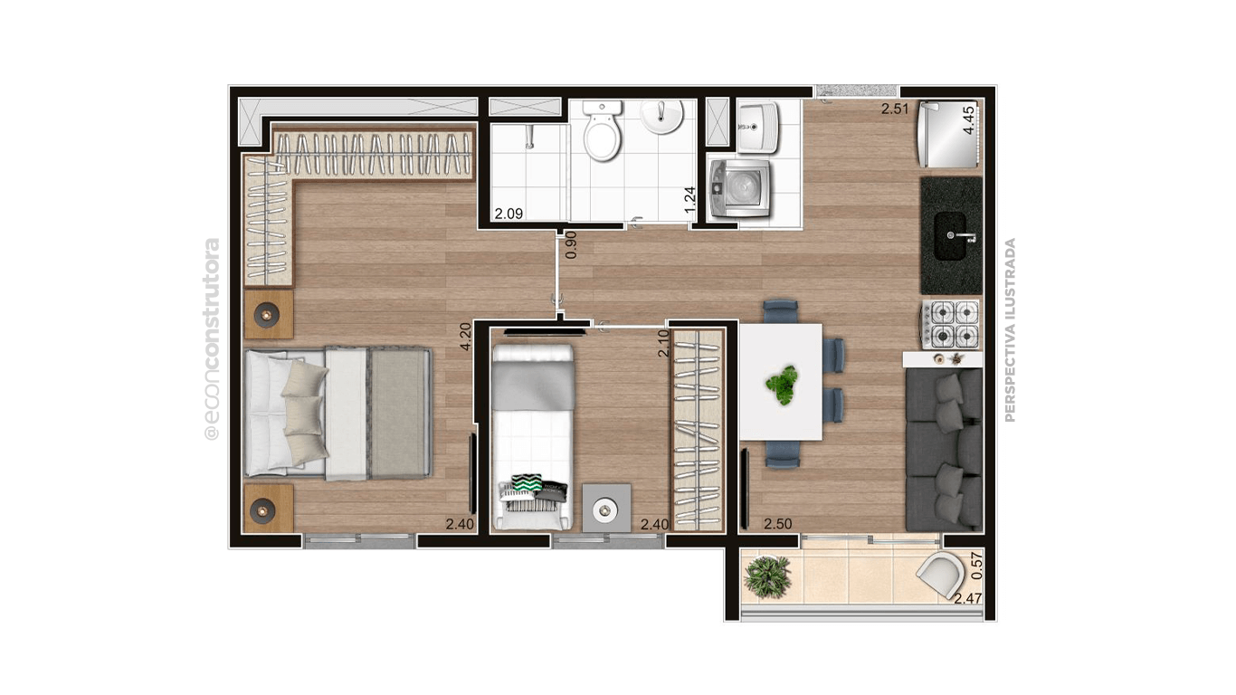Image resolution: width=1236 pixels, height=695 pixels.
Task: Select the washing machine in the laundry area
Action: click(741, 186)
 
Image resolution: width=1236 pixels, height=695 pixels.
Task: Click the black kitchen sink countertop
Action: click(951, 235)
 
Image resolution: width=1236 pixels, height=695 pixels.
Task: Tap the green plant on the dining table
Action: click(781, 384)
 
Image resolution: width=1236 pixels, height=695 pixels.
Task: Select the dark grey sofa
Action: click(945, 449)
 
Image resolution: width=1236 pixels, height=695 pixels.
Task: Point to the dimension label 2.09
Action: click(507, 214)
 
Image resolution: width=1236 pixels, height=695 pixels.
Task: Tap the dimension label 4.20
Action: click(465, 337)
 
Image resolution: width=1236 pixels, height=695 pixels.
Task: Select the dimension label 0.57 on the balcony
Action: click(975, 565)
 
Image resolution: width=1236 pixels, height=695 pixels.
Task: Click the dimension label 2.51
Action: click(895, 110)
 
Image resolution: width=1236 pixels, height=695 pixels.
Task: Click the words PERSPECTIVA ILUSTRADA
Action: click(1010, 329)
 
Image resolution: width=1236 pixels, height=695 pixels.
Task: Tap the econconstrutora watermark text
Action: click(212, 339)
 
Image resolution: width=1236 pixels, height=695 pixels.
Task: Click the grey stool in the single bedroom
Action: click(605, 508)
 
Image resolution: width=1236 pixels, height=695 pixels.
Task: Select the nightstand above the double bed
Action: click(268, 314)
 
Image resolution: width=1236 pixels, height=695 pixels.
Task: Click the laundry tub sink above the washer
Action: click(757, 128)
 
